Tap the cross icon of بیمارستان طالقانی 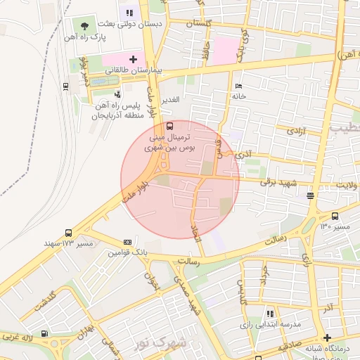click(x=134, y=59)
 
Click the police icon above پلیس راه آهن click(x=117, y=94)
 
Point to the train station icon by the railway click(x=66, y=86)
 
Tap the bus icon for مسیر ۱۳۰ click(x=335, y=217)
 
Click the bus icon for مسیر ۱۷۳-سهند click(x=68, y=233)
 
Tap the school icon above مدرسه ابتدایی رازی click(x=269, y=314)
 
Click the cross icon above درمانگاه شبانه click(x=327, y=337)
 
